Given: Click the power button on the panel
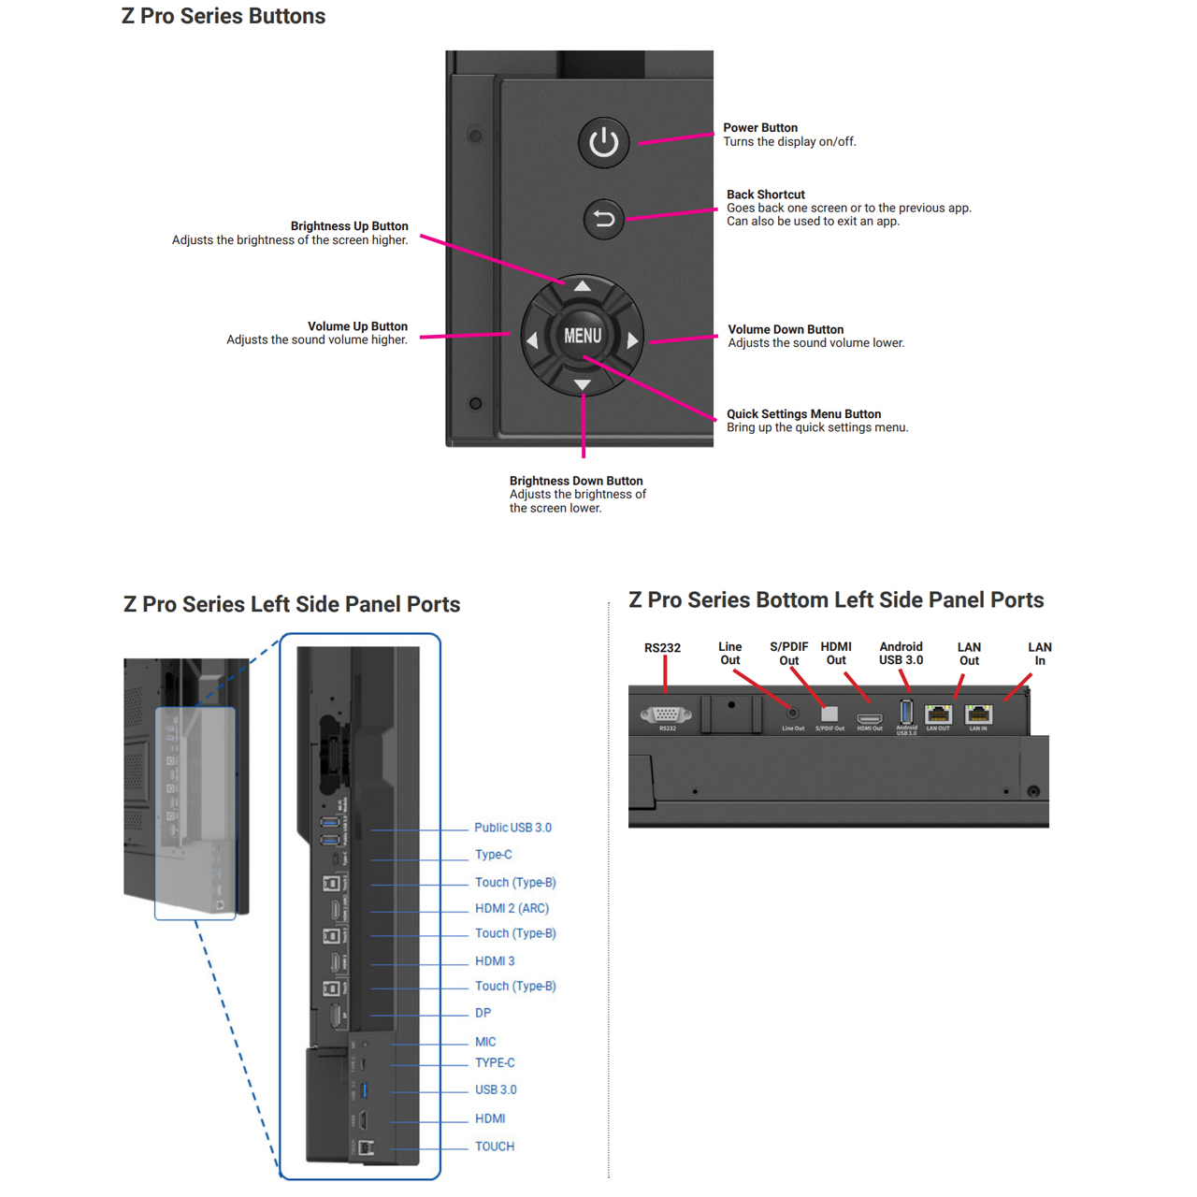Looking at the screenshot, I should click(603, 142).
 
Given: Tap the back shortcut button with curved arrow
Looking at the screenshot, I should click(603, 219).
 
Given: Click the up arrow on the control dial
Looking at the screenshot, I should click(582, 285).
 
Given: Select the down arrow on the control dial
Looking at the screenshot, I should click(582, 384).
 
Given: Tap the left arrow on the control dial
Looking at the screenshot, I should click(532, 340).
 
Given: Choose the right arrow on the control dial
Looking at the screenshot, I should click(632, 340).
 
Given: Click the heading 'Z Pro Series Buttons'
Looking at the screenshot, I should click(224, 16).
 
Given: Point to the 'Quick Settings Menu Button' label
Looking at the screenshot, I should click(803, 413).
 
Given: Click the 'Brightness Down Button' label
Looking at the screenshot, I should click(576, 481).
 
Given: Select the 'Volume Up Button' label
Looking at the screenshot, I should click(357, 326).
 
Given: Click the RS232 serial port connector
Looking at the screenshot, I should click(666, 714).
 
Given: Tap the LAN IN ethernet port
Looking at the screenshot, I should click(978, 715).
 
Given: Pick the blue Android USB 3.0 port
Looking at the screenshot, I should click(905, 712).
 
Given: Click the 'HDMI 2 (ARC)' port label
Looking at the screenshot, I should click(512, 908).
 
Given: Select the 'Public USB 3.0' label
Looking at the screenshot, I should click(512, 828).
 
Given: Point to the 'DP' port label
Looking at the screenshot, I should click(483, 1013).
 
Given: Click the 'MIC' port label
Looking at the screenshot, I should click(485, 1042).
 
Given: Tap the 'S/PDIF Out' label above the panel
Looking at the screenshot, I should click(788, 654).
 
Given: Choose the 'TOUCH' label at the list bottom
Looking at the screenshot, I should click(495, 1147).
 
